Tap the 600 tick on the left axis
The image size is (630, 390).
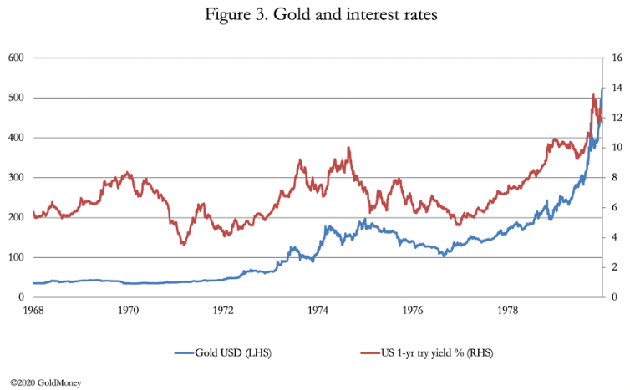15,58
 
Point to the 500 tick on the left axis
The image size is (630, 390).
15,98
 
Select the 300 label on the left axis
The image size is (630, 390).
15,178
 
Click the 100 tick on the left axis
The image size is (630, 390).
15,257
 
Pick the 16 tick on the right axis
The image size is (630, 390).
616,58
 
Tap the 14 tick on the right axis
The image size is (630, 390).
616,89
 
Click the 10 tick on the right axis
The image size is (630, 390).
616,148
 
